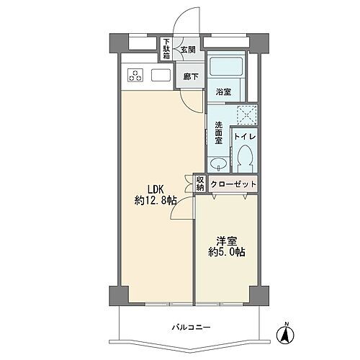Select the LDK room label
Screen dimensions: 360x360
tap(157, 190)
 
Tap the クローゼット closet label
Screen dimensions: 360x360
tap(234, 184)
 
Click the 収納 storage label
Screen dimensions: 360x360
tap(200, 184)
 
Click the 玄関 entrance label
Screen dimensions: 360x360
tap(187, 50)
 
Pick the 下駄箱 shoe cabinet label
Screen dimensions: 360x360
tap(166, 49)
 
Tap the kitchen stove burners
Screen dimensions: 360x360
tap(136, 75)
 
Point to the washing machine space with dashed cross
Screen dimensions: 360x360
tap(248, 114)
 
